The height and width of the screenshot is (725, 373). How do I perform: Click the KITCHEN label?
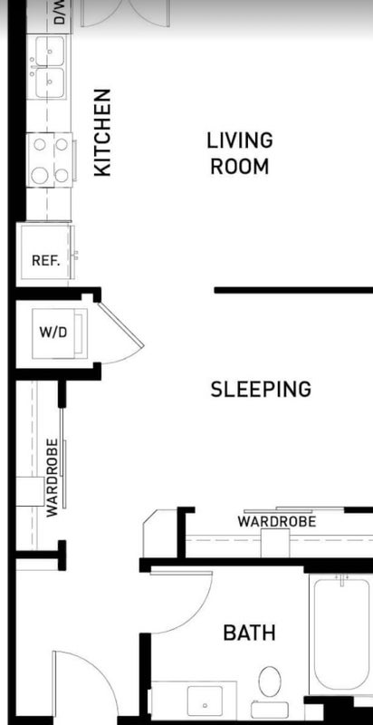[102, 132]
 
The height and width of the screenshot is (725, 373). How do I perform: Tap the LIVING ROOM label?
[240, 153]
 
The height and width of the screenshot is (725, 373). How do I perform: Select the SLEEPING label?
[261, 390]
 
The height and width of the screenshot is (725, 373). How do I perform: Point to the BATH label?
[249, 633]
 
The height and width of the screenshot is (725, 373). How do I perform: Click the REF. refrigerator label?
[45, 261]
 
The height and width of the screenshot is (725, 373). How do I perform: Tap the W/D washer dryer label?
[53, 333]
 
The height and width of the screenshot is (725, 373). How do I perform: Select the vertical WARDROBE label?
[53, 478]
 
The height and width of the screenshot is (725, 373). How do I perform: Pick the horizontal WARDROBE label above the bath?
[277, 522]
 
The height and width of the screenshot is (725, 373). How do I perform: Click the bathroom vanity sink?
[205, 701]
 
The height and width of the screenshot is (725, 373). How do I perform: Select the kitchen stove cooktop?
[50, 160]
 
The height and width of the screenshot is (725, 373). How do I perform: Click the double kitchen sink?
[49, 67]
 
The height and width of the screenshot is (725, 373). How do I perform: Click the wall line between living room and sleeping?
[293, 290]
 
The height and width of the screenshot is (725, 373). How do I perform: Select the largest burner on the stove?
[40, 175]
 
